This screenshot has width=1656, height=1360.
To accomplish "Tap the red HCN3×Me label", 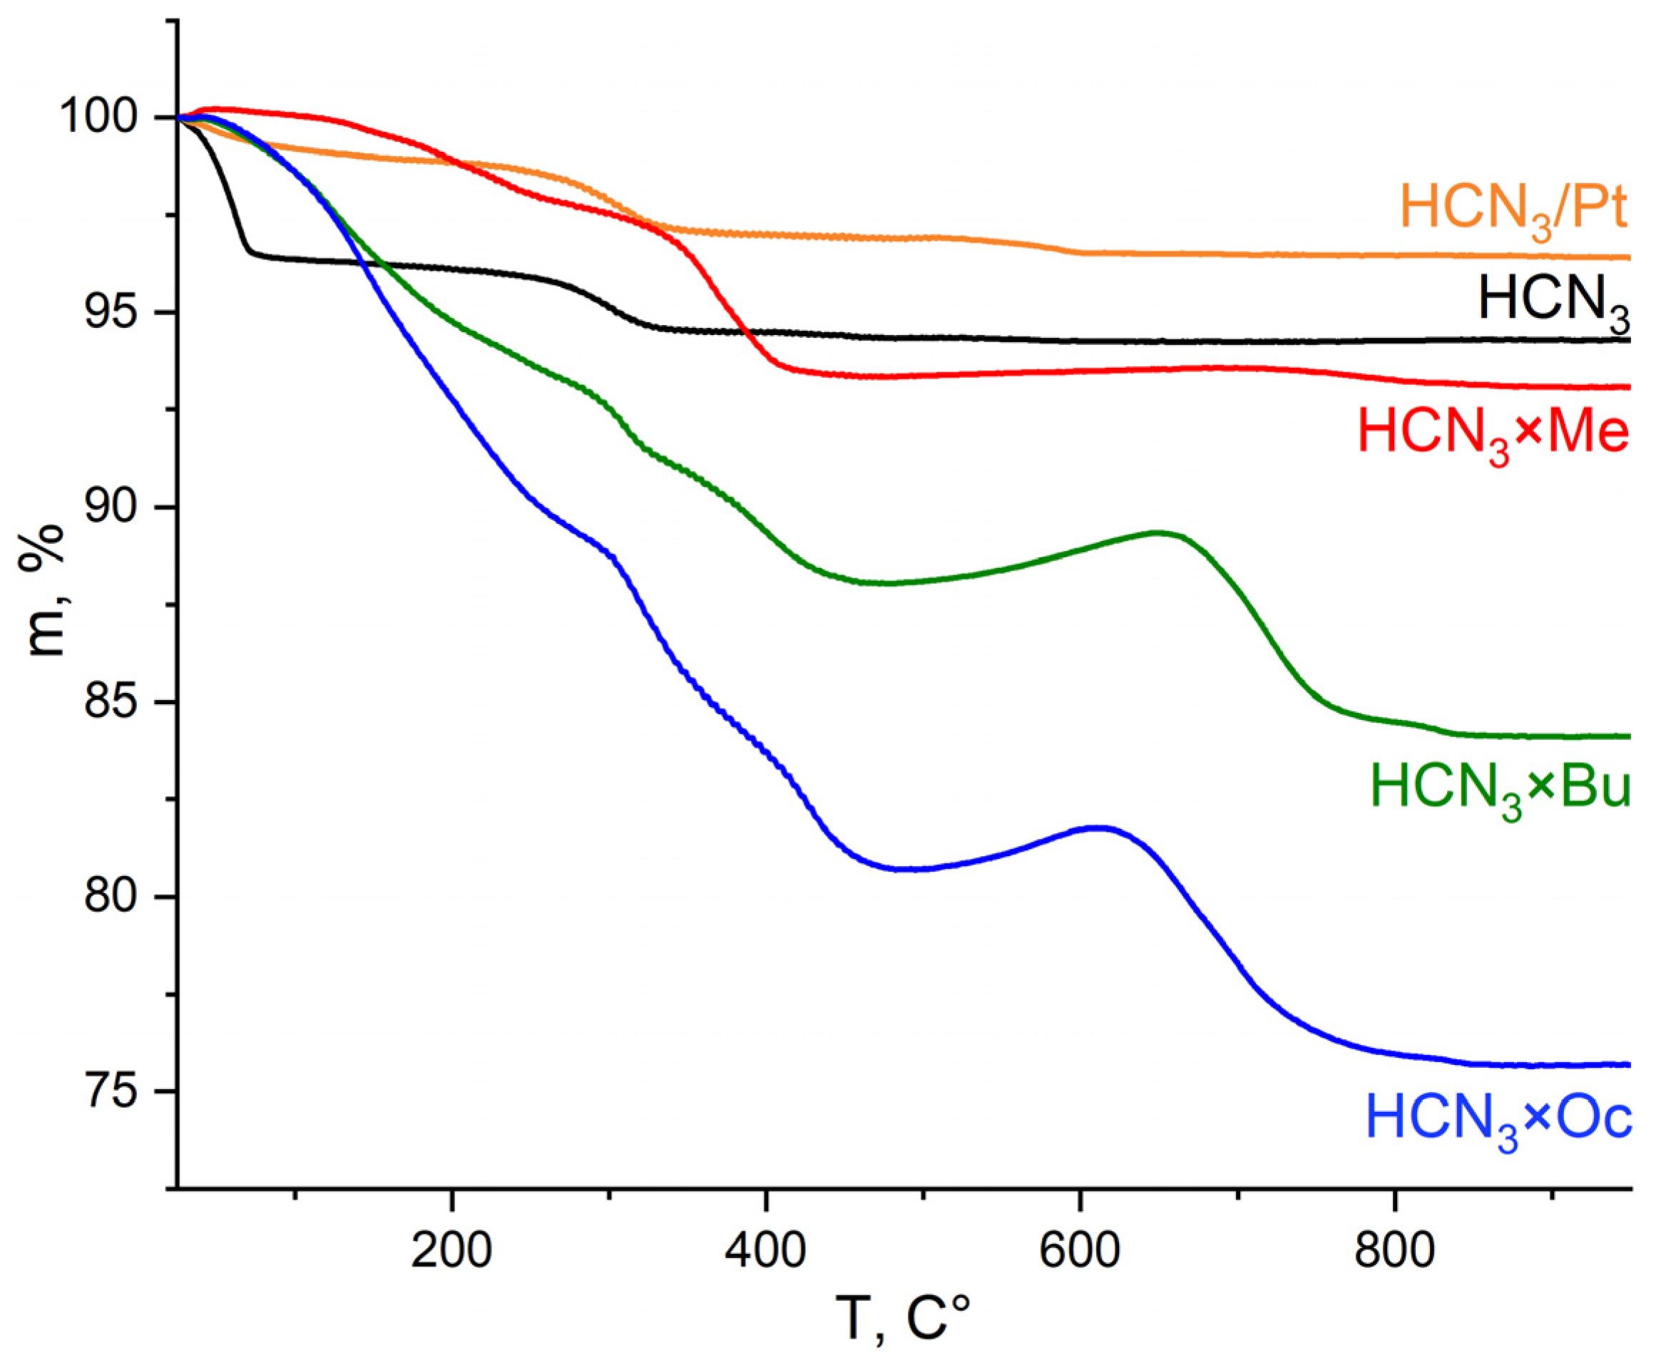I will [1493, 434].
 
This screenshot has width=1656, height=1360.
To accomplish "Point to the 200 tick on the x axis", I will [451, 1251].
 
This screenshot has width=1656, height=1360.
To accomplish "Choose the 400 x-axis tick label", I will [766, 1251].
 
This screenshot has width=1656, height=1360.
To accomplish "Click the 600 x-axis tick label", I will [1080, 1251].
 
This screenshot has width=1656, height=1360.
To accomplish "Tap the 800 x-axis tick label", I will [1394, 1251].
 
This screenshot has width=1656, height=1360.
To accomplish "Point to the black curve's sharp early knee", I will [249, 251].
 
